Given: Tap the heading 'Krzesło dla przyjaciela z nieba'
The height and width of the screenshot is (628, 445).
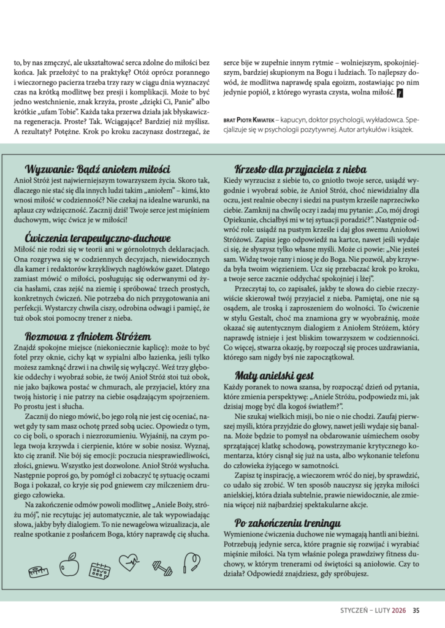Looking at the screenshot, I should [x=301, y=169].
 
